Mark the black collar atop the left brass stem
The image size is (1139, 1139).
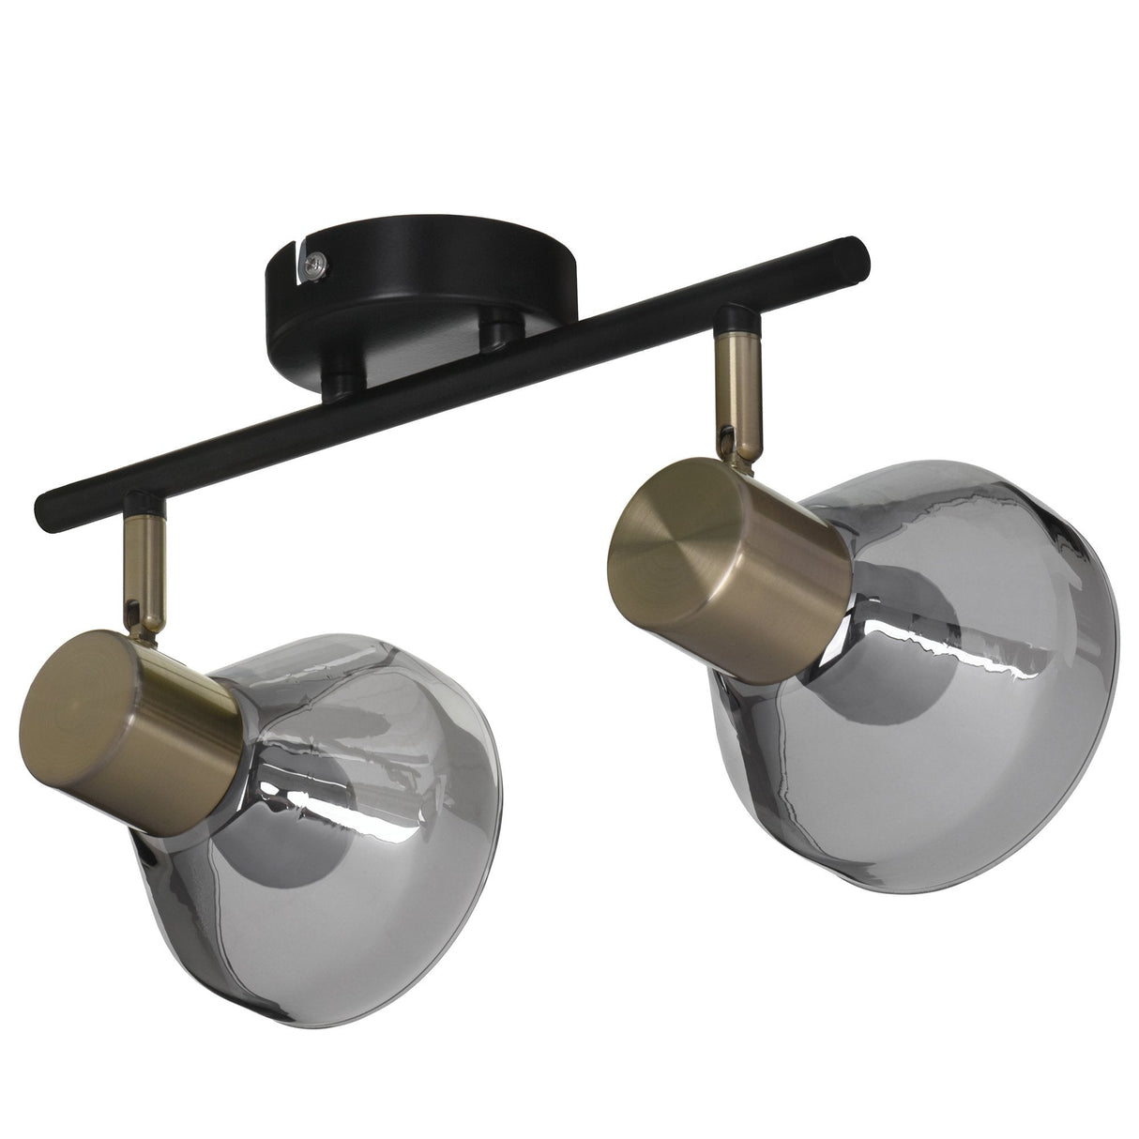click(145, 508)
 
